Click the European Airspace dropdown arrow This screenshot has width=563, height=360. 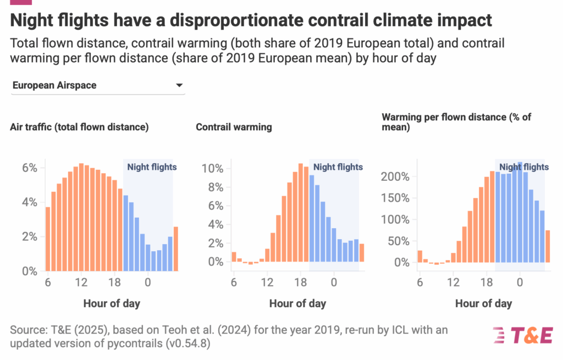point(179,86)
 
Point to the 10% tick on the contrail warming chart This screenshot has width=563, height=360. point(213,168)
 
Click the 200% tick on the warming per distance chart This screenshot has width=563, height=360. point(396,177)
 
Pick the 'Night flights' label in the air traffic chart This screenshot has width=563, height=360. point(152,167)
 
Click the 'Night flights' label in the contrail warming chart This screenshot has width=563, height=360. point(338,167)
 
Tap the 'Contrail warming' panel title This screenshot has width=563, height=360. point(234,128)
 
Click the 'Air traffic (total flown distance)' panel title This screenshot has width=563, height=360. point(79,128)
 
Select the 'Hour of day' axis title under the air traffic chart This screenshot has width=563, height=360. point(112,303)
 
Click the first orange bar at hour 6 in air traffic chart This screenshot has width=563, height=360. point(48,239)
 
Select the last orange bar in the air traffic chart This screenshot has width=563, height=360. point(176,249)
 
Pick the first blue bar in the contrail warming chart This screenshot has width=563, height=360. point(312,218)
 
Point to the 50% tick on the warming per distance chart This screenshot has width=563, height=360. point(399,241)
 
